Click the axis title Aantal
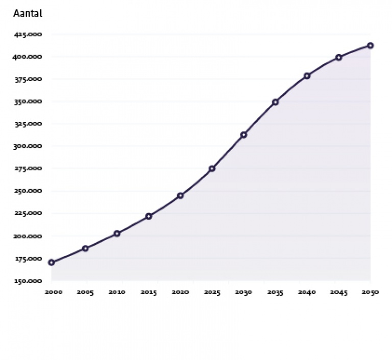27,14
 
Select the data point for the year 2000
52,263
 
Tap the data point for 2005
85,248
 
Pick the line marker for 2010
117,234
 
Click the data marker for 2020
180,196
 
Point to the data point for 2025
212,169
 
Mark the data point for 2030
243,135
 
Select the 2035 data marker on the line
275,102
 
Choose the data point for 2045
338,58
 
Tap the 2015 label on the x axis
148,293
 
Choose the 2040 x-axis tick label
307,293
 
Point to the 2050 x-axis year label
370,293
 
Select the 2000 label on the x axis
52,293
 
